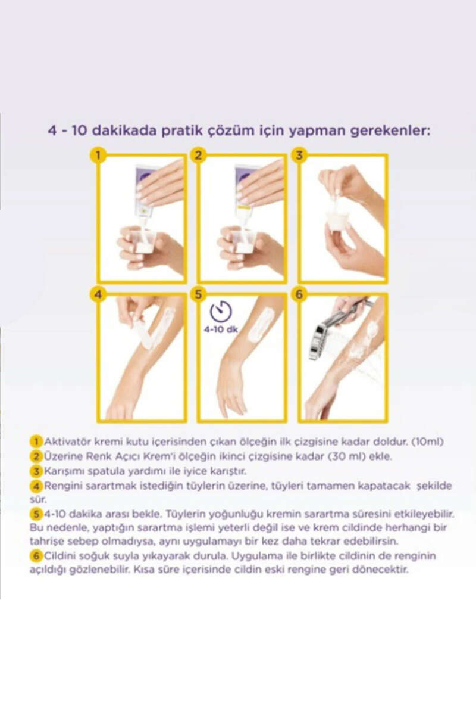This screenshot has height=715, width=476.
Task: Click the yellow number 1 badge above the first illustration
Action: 98,156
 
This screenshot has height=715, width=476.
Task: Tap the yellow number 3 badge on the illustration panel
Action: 299,156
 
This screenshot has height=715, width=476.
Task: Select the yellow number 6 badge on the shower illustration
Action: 299,294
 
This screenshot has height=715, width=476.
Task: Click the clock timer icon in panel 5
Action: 221,311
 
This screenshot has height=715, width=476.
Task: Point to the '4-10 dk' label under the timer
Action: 221,329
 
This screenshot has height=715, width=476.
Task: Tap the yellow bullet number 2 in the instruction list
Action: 36,456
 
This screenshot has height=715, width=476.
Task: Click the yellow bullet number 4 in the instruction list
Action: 36,486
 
